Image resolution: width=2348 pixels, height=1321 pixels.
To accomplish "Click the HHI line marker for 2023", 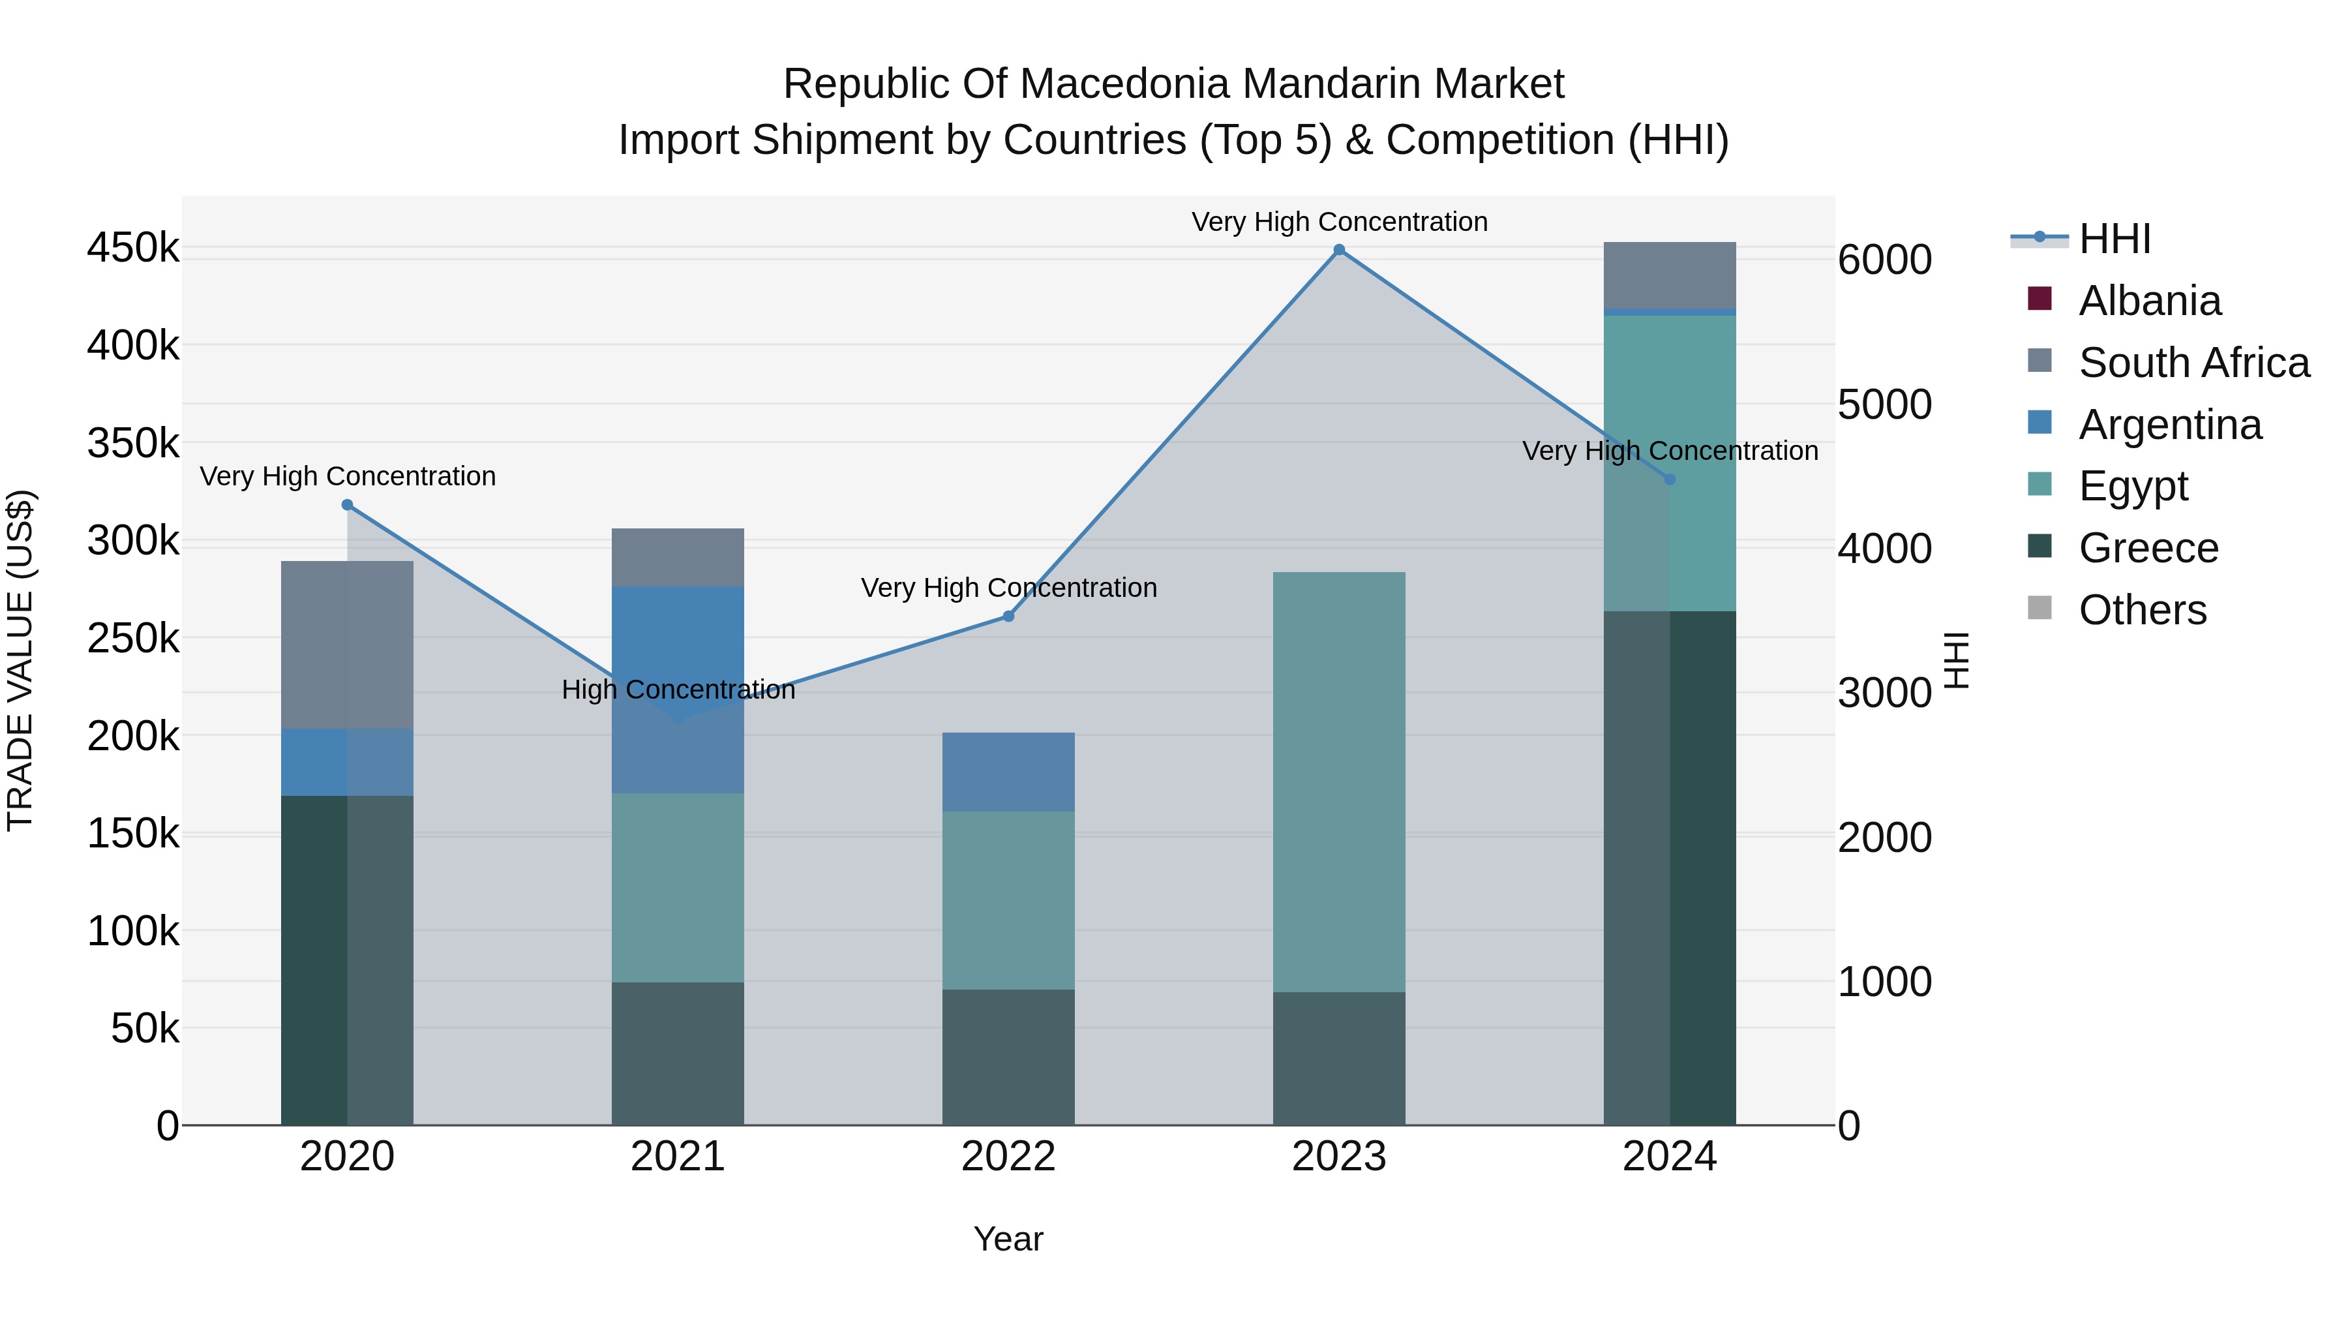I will point(1339,250).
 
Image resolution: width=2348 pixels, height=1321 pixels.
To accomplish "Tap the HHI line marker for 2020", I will point(347,505).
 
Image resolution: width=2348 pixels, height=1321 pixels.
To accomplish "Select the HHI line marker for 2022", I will point(1008,616).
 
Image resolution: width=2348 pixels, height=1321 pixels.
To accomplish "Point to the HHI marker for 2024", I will point(1670,479).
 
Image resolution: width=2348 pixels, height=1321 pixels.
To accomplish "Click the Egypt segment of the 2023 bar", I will point(1339,782).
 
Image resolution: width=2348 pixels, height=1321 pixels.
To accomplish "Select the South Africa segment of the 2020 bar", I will point(347,645).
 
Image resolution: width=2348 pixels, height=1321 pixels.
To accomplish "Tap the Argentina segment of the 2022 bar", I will point(1008,772).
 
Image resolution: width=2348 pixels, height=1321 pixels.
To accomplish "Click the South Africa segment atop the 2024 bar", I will point(1670,275).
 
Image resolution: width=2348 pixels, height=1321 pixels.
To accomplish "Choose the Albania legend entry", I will point(2149,301).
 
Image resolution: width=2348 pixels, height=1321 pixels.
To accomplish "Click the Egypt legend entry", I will point(2133,486).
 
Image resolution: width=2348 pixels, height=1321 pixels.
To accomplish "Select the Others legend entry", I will point(2142,610).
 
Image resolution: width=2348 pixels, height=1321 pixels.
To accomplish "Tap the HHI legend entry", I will point(2115,239).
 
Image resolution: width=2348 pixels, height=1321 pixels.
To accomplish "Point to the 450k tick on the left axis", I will point(133,248).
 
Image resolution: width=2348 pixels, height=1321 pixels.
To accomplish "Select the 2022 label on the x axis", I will point(1008,1157).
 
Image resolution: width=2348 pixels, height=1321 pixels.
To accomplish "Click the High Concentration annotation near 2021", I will point(678,690).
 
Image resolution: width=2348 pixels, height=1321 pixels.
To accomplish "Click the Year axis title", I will point(1008,1239).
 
